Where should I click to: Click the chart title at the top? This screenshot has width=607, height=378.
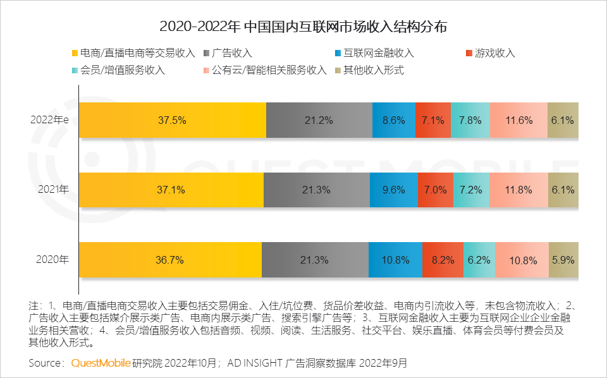pyautogui.click(x=303, y=27)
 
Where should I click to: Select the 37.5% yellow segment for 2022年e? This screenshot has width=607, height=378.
pyautogui.click(x=172, y=120)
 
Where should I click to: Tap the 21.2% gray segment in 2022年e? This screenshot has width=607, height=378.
pyautogui.click(x=319, y=120)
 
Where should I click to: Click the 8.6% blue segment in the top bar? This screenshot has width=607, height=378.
pyautogui.click(x=394, y=120)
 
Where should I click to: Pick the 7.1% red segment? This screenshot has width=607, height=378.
pyautogui.click(x=433, y=120)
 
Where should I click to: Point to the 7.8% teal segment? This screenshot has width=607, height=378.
pyautogui.click(x=470, y=120)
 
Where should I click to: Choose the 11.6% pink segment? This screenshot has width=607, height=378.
pyautogui.click(x=518, y=120)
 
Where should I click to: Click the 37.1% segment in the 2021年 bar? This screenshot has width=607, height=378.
pyautogui.click(x=171, y=190)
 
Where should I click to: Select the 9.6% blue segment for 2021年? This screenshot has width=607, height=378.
pyautogui.click(x=394, y=190)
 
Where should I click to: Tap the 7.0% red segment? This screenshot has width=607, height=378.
pyautogui.click(x=436, y=190)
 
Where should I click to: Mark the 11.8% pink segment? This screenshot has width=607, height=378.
pyautogui.click(x=518, y=190)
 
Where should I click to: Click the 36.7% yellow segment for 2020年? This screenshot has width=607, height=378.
pyautogui.click(x=170, y=259)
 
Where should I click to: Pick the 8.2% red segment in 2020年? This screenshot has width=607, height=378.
pyautogui.click(x=443, y=259)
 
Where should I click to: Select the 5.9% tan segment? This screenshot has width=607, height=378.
pyautogui.click(x=563, y=259)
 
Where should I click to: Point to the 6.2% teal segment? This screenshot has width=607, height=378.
pyautogui.click(x=479, y=259)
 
